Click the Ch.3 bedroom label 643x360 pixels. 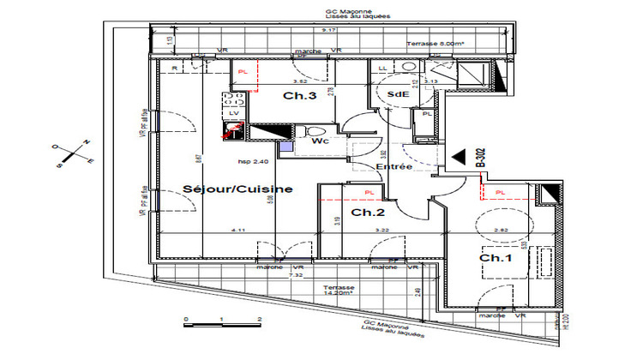coord(301,96)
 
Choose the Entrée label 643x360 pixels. coord(395,167)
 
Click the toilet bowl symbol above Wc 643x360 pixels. coord(302,131)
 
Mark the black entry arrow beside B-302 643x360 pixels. coord(460,157)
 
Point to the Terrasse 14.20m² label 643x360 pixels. coord(336,290)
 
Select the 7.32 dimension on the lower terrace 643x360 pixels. coord(295,276)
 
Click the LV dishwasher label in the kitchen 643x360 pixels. coord(234,112)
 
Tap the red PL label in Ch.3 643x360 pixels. coord(243,72)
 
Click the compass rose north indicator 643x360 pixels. coord(85,143)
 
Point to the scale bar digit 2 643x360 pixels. coord(258,318)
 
